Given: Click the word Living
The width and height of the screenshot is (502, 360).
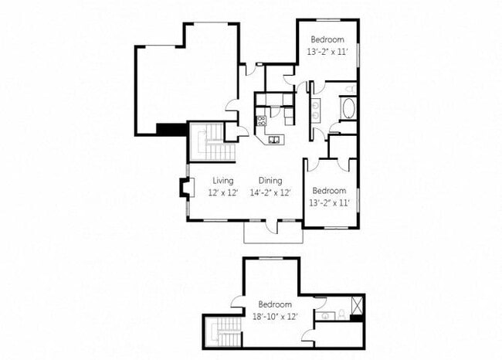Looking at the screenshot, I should point(223,181).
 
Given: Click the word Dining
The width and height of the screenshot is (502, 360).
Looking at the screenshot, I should point(270,181).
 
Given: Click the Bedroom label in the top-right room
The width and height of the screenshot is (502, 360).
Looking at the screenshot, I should point(327,39).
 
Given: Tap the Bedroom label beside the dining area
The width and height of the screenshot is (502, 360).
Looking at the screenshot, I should point(328,190).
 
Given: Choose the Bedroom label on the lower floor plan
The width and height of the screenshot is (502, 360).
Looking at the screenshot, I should point(274,304).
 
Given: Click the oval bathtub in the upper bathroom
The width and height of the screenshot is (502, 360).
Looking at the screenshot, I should point(348,108).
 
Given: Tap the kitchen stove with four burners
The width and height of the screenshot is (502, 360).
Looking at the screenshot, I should point(261,121).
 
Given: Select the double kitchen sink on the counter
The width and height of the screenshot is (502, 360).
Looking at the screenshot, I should point(274,139).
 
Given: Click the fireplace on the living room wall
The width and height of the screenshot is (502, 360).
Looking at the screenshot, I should point(184,188).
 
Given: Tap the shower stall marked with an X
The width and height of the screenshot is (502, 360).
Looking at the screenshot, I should point(357,304).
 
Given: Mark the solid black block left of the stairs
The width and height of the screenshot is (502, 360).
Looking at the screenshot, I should point(171,129).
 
